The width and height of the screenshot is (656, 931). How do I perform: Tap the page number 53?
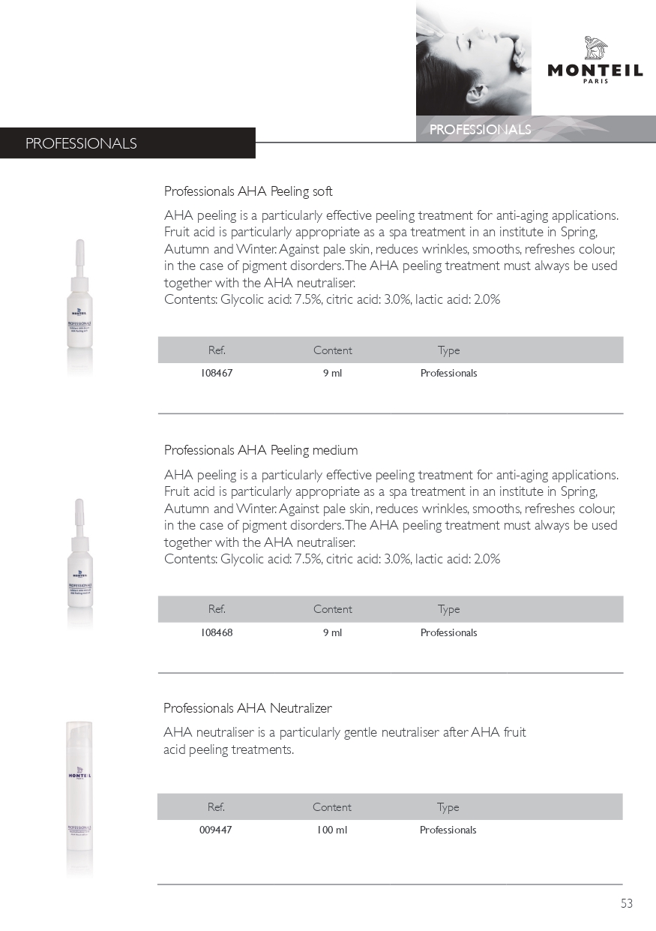click(627, 903)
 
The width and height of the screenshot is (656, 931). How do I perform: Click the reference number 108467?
click(217, 373)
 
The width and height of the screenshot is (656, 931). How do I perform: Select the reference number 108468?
click(217, 632)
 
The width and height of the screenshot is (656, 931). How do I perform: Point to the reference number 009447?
click(216, 830)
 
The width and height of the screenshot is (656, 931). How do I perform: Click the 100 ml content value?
click(332, 830)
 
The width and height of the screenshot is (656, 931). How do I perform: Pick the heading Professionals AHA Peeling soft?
click(248, 191)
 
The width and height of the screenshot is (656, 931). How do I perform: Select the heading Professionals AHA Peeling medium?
click(261, 450)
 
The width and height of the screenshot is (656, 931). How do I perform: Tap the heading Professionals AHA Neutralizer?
click(247, 708)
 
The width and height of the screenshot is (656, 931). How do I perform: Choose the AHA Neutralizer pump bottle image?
click(79, 795)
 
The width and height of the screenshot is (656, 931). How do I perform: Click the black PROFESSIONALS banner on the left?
click(127, 143)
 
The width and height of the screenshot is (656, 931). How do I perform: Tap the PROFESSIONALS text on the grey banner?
click(480, 130)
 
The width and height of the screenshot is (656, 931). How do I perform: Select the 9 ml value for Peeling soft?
click(332, 373)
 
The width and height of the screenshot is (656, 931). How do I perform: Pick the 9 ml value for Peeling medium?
click(332, 632)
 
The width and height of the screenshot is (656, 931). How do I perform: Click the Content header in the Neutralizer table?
click(332, 807)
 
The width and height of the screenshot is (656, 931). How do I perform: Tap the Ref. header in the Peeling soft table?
click(217, 350)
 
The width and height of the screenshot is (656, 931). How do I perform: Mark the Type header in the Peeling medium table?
click(448, 609)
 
